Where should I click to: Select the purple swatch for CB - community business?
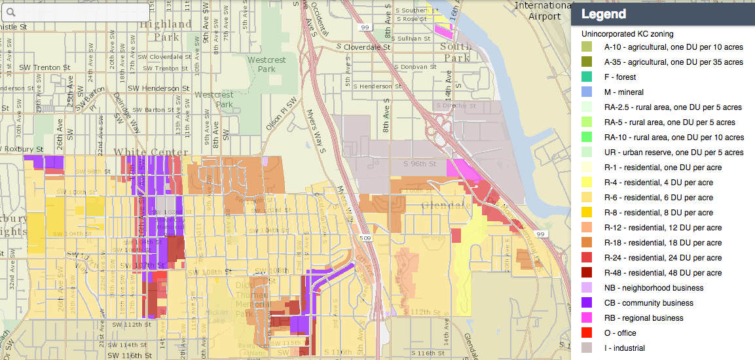click(587, 303)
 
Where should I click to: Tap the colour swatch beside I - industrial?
click(587, 348)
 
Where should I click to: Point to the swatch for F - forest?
click(587, 77)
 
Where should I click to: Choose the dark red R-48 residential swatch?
click(587, 273)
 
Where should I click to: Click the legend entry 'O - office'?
click(619, 333)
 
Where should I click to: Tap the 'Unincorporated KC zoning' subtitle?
click(627, 33)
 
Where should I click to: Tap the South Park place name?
click(456, 52)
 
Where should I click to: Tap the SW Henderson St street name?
click(158, 88)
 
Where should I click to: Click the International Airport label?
click(538, 10)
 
